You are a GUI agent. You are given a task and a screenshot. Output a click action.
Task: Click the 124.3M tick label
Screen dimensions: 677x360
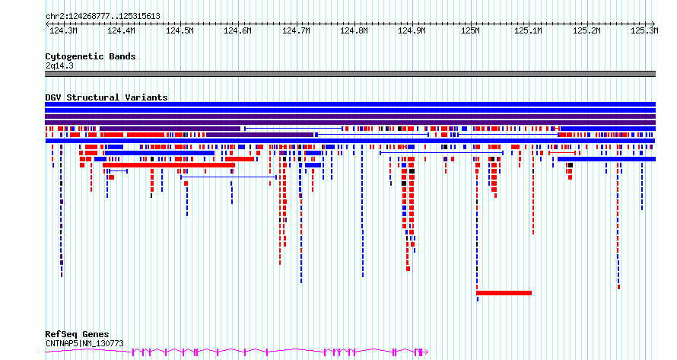click(x=63, y=30)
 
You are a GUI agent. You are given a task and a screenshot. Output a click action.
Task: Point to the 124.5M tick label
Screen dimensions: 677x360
click(x=180, y=30)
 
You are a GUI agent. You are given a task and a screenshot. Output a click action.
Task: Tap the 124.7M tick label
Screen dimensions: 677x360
click(x=296, y=30)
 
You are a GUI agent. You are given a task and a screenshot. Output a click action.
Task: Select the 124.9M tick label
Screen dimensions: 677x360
click(x=412, y=30)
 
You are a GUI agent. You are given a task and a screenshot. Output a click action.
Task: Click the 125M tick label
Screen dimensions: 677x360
click(x=470, y=30)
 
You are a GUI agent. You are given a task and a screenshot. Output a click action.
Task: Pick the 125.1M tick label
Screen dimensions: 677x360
click(x=528, y=30)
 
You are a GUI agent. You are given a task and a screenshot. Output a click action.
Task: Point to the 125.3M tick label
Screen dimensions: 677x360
click(x=644, y=30)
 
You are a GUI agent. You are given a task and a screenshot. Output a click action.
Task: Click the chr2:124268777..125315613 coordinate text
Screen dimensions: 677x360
click(x=103, y=17)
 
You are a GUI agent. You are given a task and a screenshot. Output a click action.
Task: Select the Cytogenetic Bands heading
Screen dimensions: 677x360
click(x=91, y=56)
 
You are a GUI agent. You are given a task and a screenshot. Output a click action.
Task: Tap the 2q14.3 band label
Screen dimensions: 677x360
click(x=59, y=65)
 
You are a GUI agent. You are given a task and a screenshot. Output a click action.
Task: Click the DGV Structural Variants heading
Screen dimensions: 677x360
click(x=106, y=97)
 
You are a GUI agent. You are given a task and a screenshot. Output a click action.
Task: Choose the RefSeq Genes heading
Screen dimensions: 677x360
click(x=77, y=334)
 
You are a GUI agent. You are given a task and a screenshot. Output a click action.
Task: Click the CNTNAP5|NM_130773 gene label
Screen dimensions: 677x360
click(x=84, y=343)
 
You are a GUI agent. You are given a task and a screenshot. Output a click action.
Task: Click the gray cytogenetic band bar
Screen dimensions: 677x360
click(x=350, y=74)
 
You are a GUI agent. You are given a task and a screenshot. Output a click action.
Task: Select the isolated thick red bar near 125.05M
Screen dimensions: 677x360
click(x=504, y=293)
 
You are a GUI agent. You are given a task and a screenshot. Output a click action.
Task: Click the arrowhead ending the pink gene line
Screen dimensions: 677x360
click(x=427, y=352)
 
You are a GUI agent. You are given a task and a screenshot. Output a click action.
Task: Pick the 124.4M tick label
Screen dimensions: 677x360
click(x=121, y=30)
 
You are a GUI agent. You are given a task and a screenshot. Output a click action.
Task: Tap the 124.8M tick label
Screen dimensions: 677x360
click(x=354, y=30)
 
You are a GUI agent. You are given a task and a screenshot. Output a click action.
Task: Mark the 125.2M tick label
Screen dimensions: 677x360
click(x=586, y=30)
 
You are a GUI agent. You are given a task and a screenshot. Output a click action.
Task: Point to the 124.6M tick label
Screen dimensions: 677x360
click(x=237, y=30)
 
